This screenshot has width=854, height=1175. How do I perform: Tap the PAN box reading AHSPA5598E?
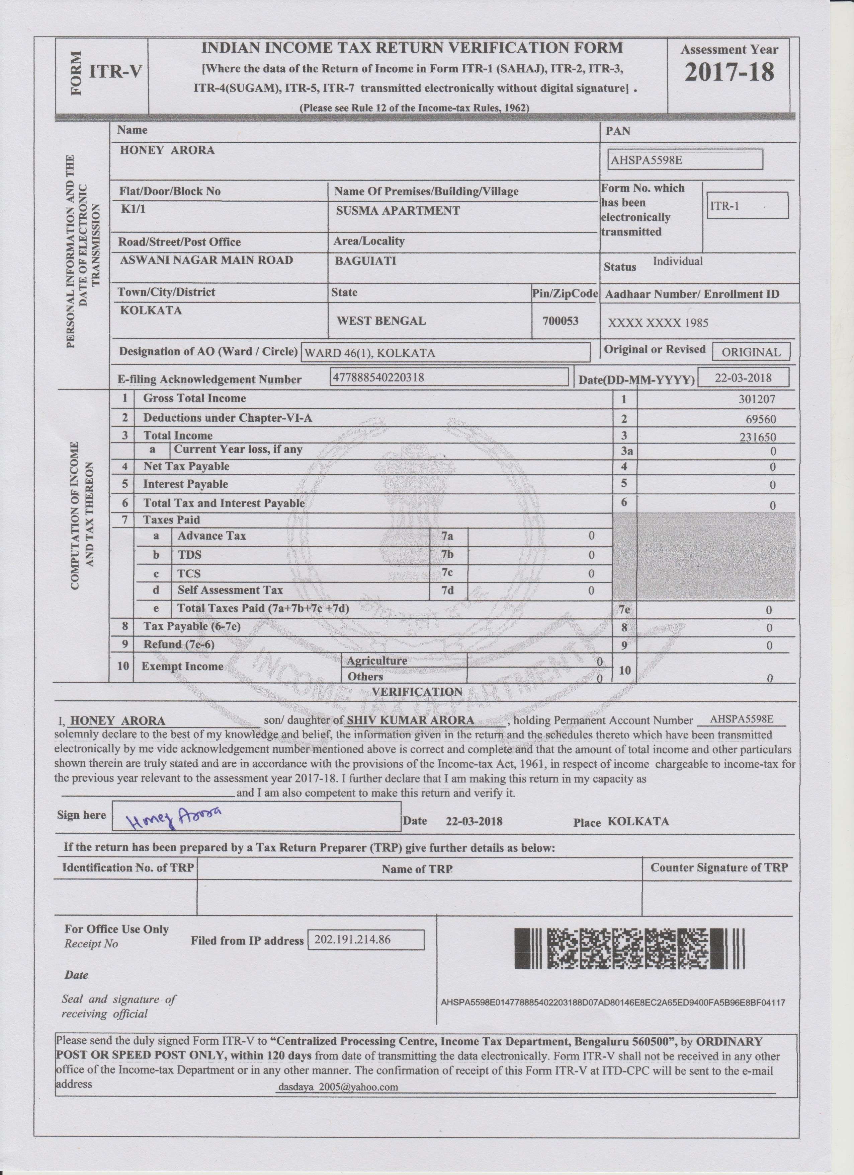click(x=685, y=159)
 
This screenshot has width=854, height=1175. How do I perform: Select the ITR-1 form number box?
click(x=747, y=206)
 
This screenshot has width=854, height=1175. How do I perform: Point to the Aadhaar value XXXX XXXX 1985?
click(x=657, y=323)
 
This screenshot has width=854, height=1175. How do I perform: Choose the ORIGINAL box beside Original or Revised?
click(x=751, y=352)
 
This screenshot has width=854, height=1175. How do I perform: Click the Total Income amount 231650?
click(x=757, y=437)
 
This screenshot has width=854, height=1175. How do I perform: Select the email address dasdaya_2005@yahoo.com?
click(x=338, y=1087)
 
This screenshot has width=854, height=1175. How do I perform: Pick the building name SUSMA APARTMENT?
click(x=398, y=210)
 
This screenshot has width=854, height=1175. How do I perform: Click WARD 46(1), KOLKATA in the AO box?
click(x=369, y=353)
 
